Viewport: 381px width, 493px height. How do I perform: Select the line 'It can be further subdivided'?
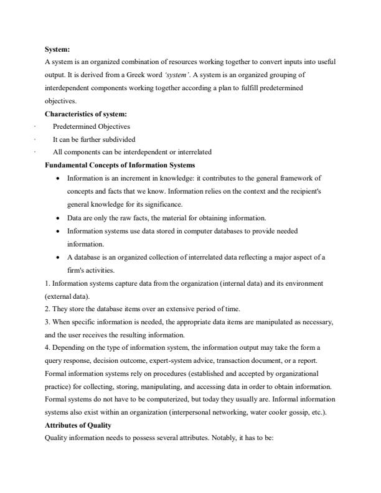[94, 139]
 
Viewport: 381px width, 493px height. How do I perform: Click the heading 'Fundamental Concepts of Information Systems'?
[120, 164]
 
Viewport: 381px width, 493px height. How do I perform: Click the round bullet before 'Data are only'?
[58, 218]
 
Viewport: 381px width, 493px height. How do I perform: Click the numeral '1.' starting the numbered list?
[47, 283]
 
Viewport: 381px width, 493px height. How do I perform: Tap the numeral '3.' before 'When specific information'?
[47, 321]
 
